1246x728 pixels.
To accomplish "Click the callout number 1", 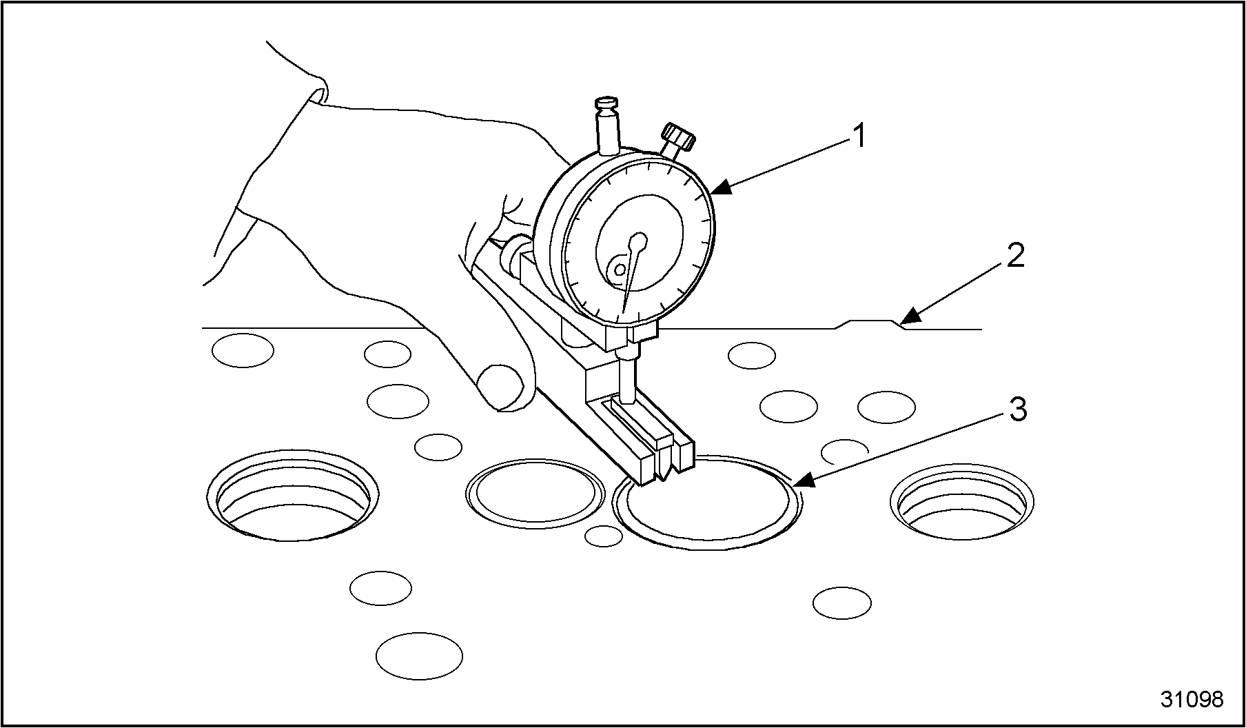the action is pyautogui.click(x=858, y=136).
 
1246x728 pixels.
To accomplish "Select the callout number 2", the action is pyautogui.click(x=1016, y=256).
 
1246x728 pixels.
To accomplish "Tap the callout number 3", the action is pyautogui.click(x=1018, y=410).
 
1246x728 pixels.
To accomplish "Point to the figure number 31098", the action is pyautogui.click(x=1192, y=699).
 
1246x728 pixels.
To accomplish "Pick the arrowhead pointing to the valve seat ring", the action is pyautogui.click(x=802, y=481).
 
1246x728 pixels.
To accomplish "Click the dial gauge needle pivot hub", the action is pyautogui.click(x=638, y=243).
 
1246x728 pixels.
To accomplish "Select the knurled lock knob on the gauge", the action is pyautogui.click(x=678, y=136).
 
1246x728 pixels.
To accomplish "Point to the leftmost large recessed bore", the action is pyautogui.click(x=293, y=496).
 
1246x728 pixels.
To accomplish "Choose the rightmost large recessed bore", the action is pyautogui.click(x=962, y=501).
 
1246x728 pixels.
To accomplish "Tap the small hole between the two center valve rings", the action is pyautogui.click(x=603, y=536).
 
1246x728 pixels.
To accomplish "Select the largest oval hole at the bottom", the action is pyautogui.click(x=419, y=655).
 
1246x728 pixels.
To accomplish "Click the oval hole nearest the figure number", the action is pyautogui.click(x=842, y=603).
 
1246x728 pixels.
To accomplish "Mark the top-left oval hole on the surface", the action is pyautogui.click(x=243, y=350).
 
